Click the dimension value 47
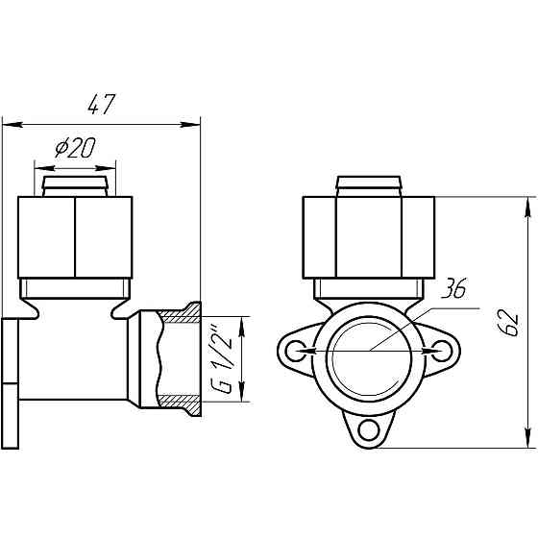point(102,105)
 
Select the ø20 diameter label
point(76,148)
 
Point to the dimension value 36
point(453,289)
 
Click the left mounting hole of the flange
point(296,351)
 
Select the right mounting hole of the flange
point(442,351)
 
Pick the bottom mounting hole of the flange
point(369,429)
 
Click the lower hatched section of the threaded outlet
point(182,404)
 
